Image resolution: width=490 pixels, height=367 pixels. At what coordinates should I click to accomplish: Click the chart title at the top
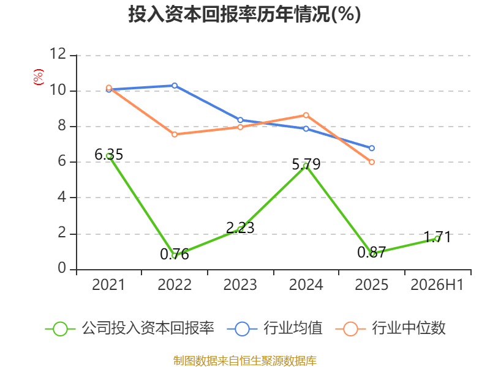click(244, 14)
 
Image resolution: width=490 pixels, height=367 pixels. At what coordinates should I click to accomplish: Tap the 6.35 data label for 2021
click(109, 155)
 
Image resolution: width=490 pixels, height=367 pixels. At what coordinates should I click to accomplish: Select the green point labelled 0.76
click(175, 256)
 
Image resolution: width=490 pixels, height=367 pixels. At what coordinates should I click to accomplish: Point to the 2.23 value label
click(240, 228)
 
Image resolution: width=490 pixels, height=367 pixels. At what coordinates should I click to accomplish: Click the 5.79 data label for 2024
click(306, 164)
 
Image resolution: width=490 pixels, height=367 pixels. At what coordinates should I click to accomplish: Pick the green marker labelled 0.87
click(372, 254)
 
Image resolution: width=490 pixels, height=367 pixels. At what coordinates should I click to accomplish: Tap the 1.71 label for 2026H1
click(437, 237)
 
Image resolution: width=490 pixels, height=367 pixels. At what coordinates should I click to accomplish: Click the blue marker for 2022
click(175, 86)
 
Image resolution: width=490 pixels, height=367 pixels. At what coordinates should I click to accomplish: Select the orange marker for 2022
click(175, 135)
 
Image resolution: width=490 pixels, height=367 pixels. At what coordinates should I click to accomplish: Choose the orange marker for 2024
click(306, 115)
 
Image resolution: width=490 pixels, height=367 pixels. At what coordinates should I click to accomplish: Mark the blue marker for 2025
click(372, 148)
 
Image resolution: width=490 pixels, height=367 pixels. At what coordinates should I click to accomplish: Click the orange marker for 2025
click(372, 162)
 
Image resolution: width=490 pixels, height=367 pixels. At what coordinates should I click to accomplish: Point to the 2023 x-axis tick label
click(240, 285)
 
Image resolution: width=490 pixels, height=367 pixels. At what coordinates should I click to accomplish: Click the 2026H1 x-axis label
click(437, 285)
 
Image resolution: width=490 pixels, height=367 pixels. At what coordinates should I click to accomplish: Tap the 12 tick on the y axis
click(58, 54)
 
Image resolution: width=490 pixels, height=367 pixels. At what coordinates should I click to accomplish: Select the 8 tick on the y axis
click(62, 126)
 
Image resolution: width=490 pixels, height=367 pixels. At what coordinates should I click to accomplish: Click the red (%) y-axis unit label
click(39, 77)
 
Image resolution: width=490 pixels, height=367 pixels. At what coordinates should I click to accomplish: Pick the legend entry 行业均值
click(275, 328)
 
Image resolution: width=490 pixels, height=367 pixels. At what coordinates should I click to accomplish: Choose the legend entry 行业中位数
click(391, 328)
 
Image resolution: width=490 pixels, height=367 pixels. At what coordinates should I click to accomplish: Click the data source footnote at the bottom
click(245, 361)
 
